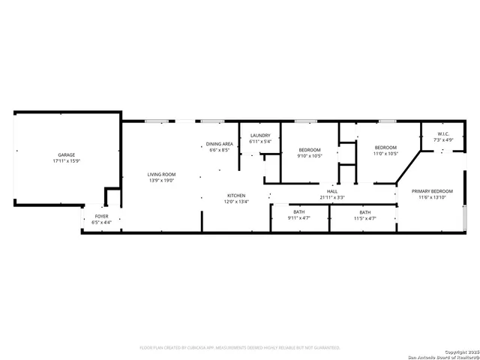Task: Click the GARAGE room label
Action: pos(66,155)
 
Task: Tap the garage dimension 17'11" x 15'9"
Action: pos(66,161)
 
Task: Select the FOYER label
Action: pos(100,216)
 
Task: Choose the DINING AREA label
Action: pos(220,143)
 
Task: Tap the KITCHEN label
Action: pos(237,195)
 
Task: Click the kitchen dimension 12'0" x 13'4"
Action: pos(237,201)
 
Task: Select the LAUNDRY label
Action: pos(260,135)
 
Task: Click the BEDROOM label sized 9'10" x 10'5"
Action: pos(308,149)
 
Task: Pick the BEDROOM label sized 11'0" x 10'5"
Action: pos(385,148)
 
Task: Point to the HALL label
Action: pos(332,191)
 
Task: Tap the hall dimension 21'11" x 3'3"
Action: pos(332,197)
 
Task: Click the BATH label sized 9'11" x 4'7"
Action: pos(298,212)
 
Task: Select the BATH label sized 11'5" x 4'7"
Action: pos(364,212)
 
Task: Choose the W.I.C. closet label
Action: pos(442,134)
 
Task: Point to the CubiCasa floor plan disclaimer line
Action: pos(240,348)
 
